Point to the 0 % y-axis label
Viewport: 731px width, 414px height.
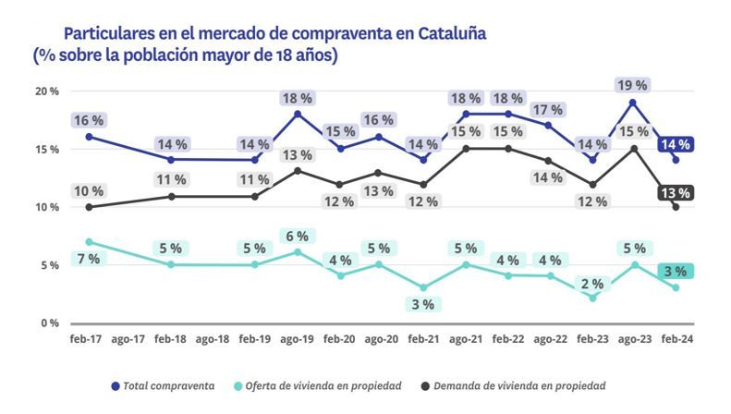click(49, 323)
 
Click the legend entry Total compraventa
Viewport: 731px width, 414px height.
click(162, 384)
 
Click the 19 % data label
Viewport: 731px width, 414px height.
click(632, 85)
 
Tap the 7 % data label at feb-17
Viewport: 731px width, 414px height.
click(89, 259)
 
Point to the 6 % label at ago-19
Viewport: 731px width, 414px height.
click(296, 237)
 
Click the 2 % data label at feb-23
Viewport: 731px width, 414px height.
click(592, 284)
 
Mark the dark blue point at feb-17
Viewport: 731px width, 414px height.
click(89, 137)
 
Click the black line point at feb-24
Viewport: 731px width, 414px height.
click(676, 207)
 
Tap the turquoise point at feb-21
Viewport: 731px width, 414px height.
click(423, 287)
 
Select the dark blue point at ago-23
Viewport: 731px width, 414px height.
click(632, 102)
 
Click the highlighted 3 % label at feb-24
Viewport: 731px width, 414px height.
click(676, 271)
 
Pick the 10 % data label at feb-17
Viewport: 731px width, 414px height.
click(89, 191)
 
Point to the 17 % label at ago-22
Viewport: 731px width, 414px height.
click(547, 110)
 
